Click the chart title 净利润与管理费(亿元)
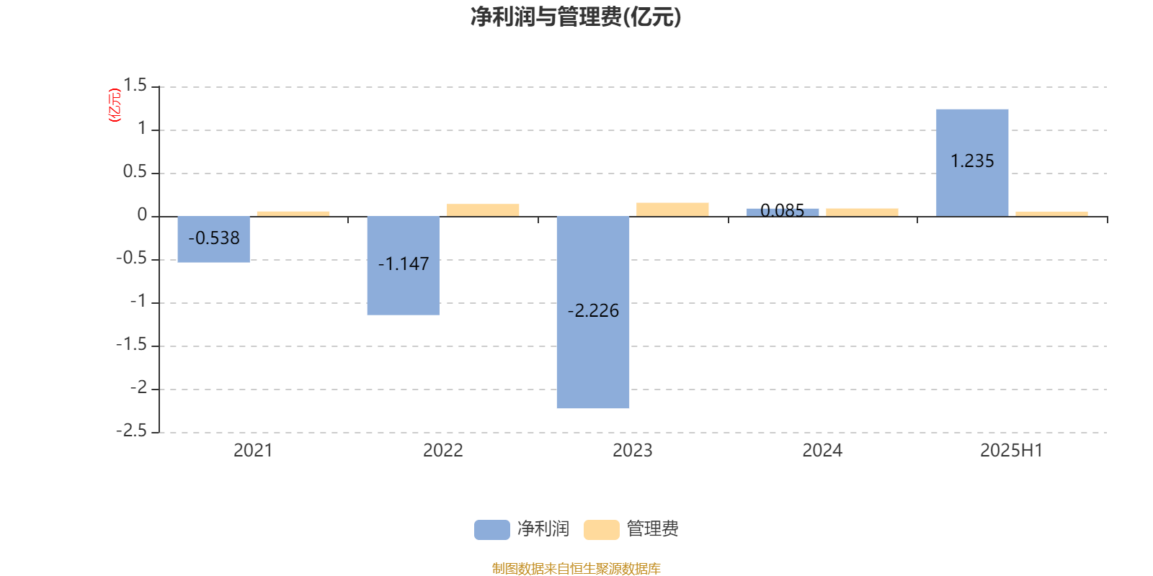click(x=576, y=17)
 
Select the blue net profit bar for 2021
click(x=213, y=239)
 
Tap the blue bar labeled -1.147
click(x=404, y=266)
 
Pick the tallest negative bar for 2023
click(x=593, y=312)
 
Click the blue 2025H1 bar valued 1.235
click(x=972, y=163)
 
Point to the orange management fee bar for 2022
click(x=483, y=210)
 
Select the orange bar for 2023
click(x=672, y=210)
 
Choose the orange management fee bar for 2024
click(x=862, y=212)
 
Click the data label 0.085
click(x=783, y=210)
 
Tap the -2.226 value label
click(x=593, y=310)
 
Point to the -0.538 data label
click(x=213, y=238)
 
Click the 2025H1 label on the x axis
click(x=1012, y=451)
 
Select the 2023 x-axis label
click(x=633, y=451)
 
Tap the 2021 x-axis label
click(x=253, y=451)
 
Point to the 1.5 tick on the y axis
click(x=135, y=86)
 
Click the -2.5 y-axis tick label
click(x=131, y=431)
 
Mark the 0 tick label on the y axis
click(x=142, y=215)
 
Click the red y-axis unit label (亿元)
click(x=115, y=105)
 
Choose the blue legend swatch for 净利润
click(x=492, y=530)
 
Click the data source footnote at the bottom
click(x=576, y=568)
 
